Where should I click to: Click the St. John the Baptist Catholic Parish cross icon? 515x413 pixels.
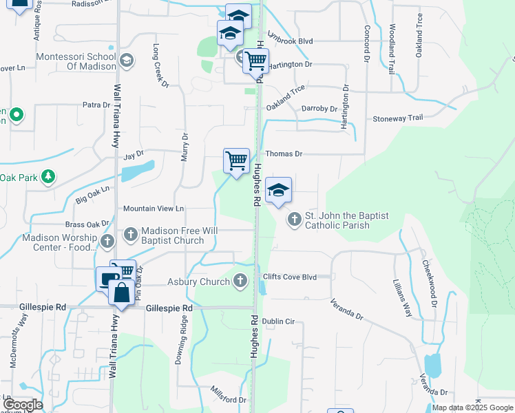click(x=295, y=220)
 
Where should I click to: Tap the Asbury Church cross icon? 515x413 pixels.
click(x=240, y=281)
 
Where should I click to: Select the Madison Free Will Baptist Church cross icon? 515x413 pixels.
click(x=130, y=235)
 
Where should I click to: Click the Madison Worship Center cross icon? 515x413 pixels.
click(x=107, y=241)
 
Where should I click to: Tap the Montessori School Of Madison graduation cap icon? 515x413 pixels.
click(x=126, y=61)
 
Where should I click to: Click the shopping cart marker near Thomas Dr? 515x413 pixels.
click(x=236, y=161)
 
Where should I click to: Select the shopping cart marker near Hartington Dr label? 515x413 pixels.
click(x=255, y=61)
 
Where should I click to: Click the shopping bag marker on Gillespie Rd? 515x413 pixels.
click(x=121, y=292)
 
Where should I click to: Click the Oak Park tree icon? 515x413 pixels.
click(x=48, y=178)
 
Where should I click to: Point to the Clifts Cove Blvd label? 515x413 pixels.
click(x=289, y=277)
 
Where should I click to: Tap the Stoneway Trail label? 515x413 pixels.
click(x=397, y=118)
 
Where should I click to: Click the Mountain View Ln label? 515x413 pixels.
click(x=154, y=209)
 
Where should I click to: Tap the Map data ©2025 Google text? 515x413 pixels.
click(x=472, y=407)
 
